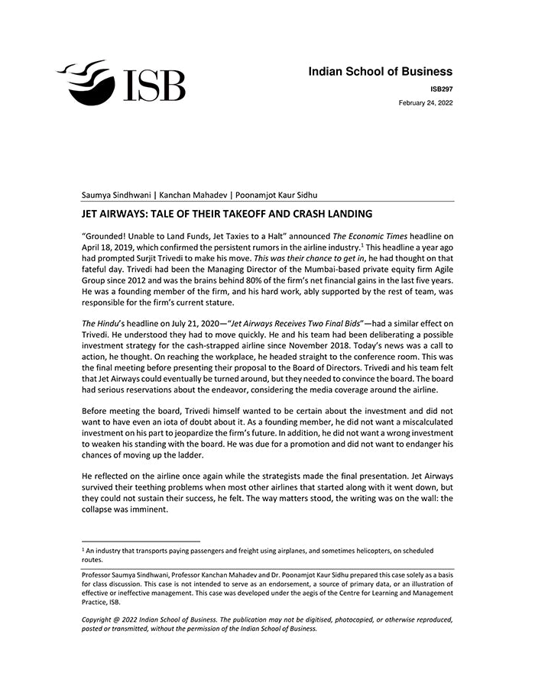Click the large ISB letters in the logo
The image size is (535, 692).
[x=151, y=85]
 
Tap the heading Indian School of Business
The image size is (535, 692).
[x=380, y=72]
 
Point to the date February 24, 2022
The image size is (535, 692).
[x=426, y=102]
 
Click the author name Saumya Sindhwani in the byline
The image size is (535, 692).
[x=117, y=195]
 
